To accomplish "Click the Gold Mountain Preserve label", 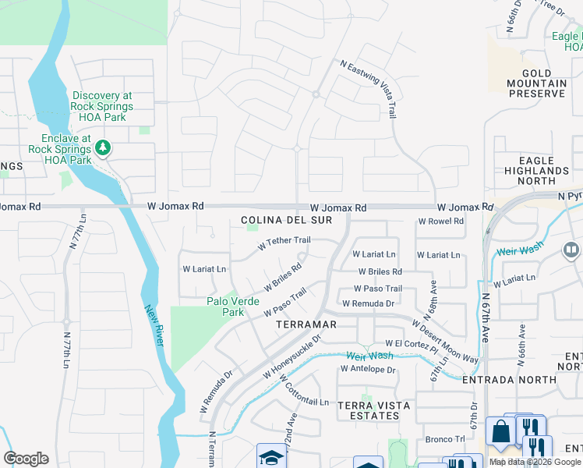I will (537, 83).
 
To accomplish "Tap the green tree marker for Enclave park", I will (103, 147).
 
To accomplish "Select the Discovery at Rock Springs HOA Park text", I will (102, 106).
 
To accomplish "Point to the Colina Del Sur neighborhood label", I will (286, 221).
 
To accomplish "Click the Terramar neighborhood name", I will (300, 324).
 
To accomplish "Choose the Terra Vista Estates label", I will (369, 410).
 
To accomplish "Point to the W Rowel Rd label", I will (440, 221).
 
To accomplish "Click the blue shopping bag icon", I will (499, 431).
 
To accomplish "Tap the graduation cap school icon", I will (272, 456).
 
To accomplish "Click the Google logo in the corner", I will (26, 459).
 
